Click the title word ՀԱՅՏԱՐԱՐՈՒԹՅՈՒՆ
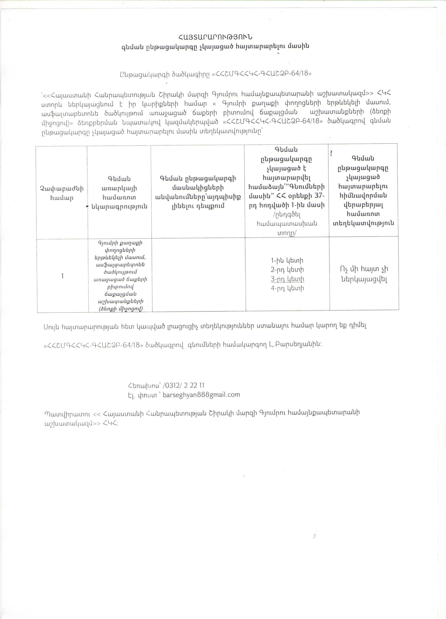(x=215, y=37)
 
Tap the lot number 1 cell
(x=62, y=276)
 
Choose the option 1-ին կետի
(x=287, y=260)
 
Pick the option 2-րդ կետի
(x=287, y=270)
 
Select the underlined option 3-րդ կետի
(x=287, y=279)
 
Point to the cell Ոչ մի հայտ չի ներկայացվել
(x=364, y=274)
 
